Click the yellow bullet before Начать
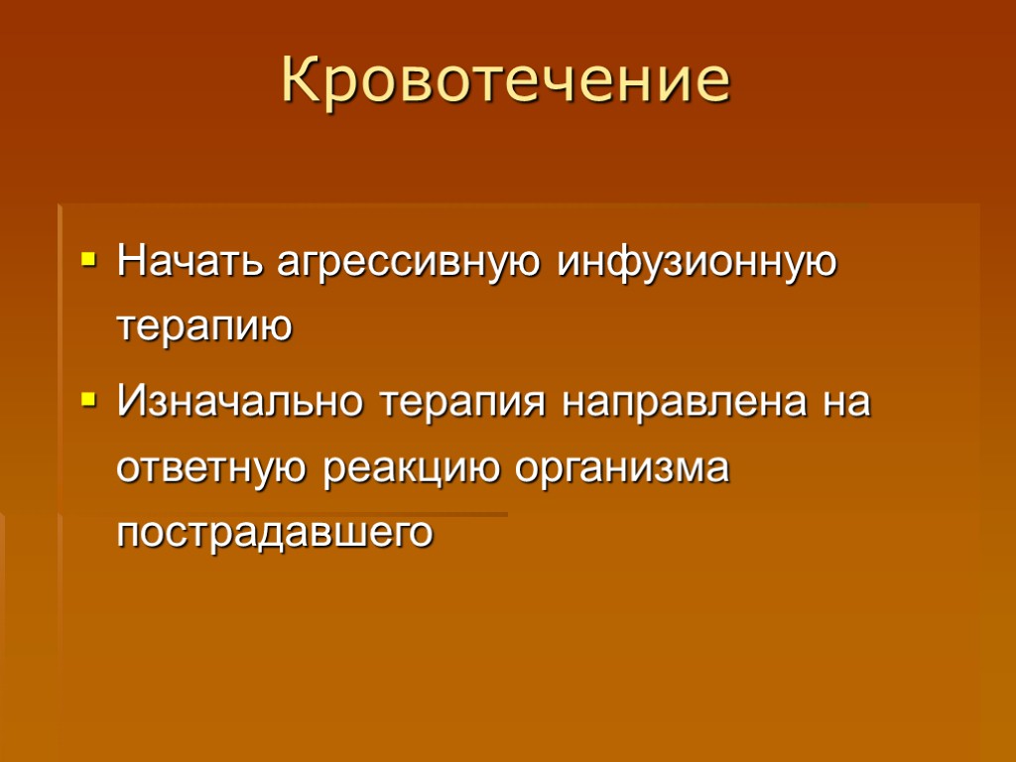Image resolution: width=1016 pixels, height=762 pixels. coord(88,264)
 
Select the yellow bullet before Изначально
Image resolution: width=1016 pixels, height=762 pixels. coord(88,403)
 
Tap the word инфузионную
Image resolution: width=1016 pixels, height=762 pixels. coord(697,266)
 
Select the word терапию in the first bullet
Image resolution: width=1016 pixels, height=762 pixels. coord(205,327)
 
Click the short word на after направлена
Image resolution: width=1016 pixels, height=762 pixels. coord(848,405)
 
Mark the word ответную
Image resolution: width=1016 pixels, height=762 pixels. coord(214,467)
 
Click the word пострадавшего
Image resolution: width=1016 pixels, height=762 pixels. coord(275,533)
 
